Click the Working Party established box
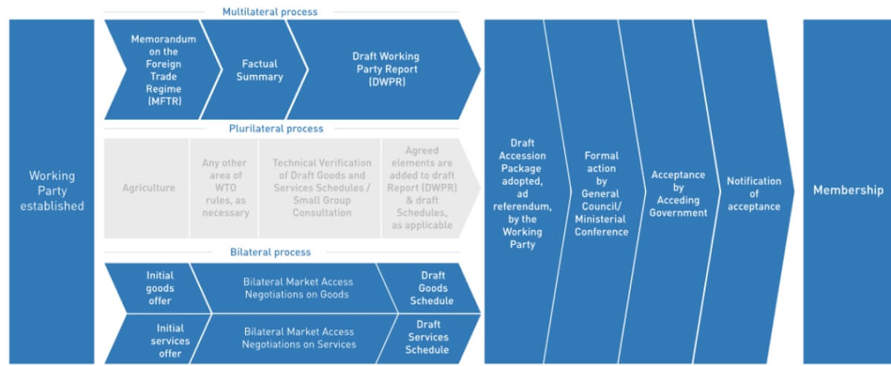click(51, 191)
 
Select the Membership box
click(847, 191)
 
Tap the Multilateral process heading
click(270, 12)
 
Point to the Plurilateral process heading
click(275, 128)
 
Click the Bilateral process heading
click(270, 252)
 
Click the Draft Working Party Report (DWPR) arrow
click(385, 70)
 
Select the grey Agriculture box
click(148, 188)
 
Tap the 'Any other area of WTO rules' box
click(225, 188)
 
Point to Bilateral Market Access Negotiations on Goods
click(298, 288)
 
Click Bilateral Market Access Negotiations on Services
click(298, 339)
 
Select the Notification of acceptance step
click(753, 194)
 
